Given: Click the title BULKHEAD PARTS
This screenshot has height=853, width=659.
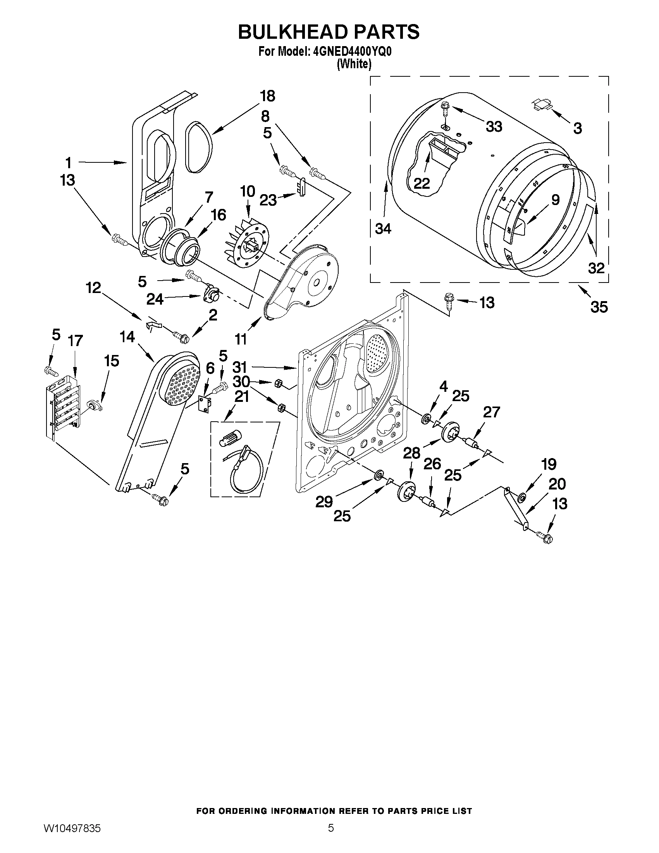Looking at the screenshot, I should click(x=329, y=32).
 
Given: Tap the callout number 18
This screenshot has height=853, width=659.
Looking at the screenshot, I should click(x=267, y=96).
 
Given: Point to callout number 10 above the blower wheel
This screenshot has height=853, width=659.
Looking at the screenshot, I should click(x=247, y=192).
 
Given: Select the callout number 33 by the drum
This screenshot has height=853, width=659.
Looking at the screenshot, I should click(x=494, y=127).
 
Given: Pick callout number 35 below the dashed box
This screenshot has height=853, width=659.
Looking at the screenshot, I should click(x=599, y=307).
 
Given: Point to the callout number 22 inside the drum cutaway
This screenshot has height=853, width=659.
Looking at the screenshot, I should click(x=422, y=183).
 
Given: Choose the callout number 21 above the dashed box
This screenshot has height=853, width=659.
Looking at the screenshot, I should click(x=242, y=397).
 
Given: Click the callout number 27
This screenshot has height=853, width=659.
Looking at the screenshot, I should click(x=491, y=412).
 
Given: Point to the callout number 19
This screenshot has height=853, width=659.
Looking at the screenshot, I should click(x=548, y=465).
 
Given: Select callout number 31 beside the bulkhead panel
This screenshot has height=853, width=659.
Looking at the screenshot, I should click(x=240, y=367).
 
